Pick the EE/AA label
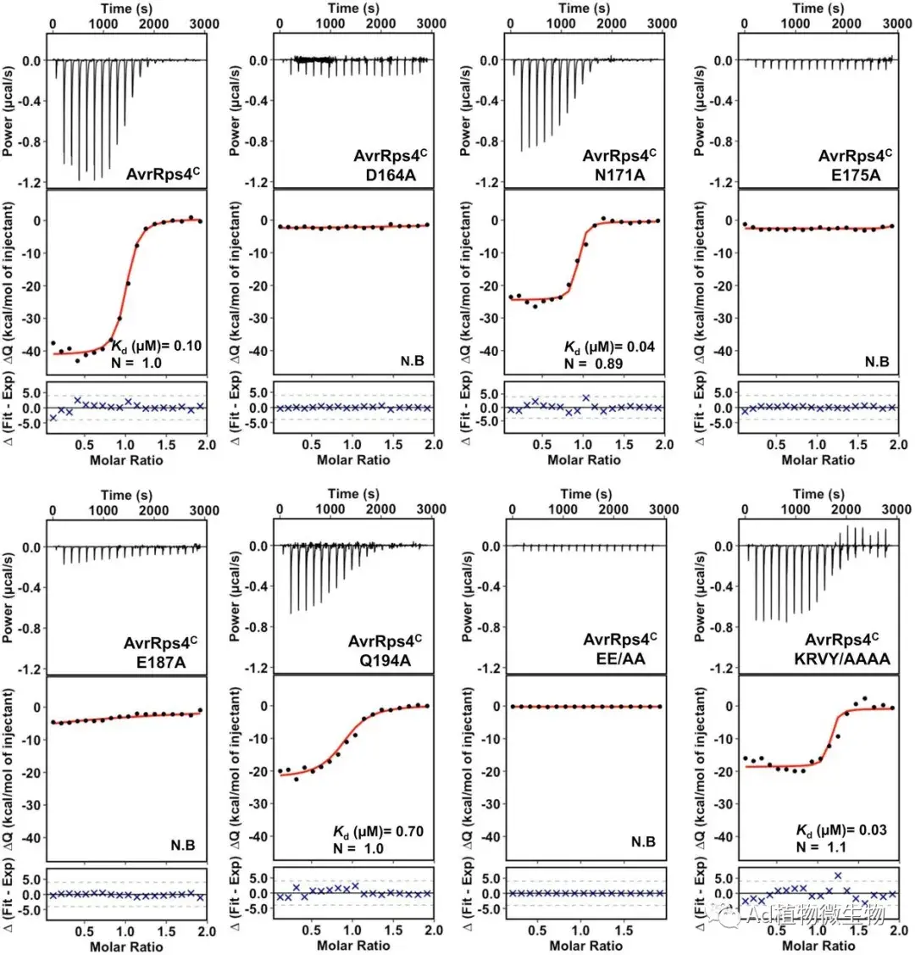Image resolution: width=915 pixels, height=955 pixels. point(629,656)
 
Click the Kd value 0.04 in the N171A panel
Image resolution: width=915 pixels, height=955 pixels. point(638,347)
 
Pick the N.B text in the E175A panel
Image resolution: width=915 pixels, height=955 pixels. point(877,361)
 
